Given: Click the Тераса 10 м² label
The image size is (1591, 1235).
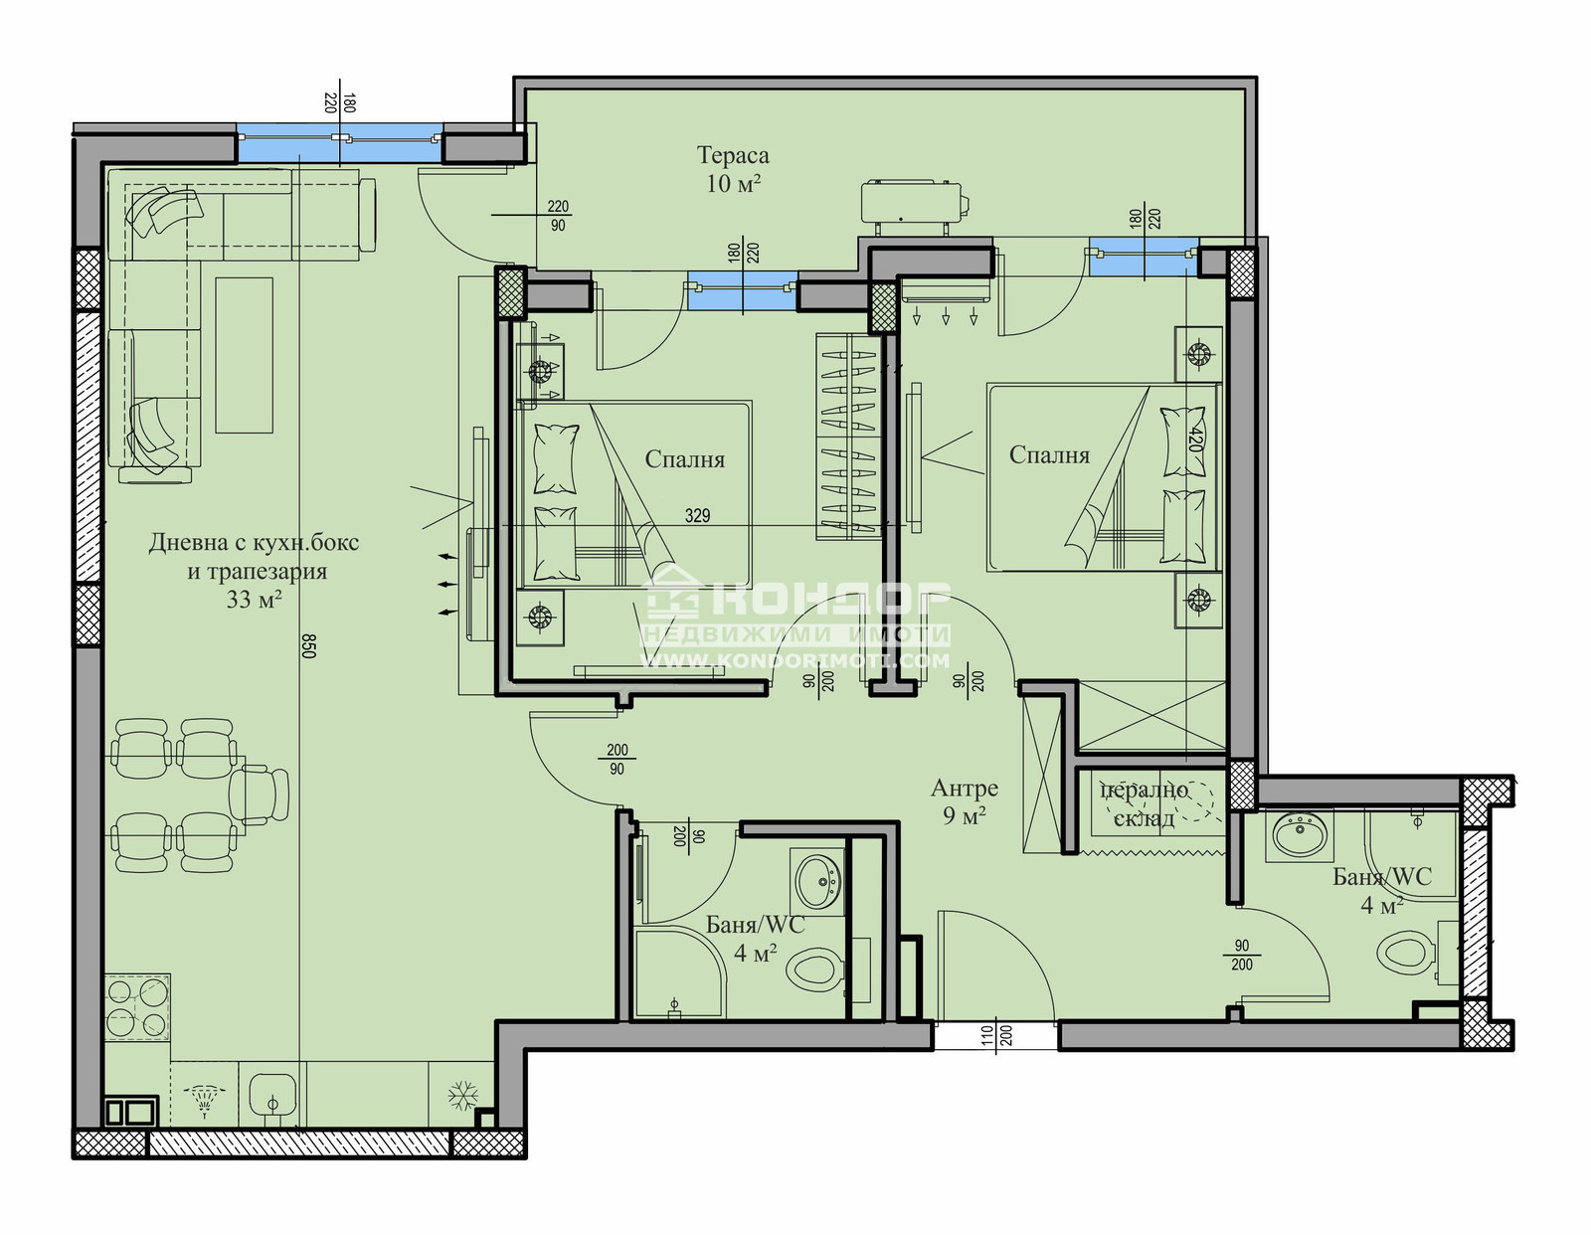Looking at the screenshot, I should click(733, 169).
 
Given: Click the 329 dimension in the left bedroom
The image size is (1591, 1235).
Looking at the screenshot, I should click(697, 515).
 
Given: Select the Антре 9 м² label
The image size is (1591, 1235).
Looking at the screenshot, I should click(964, 801).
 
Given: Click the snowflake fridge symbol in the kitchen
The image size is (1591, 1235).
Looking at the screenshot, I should click(460, 1098).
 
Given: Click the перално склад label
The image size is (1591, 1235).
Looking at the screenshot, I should click(1145, 803).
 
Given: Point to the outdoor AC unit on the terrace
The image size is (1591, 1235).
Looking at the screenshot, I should click(914, 205).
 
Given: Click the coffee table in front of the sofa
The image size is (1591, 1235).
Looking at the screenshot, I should click(244, 354).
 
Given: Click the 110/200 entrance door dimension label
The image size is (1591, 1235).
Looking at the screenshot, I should click(997, 1040).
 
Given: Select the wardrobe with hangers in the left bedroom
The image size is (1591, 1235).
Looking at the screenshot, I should click(848, 438).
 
